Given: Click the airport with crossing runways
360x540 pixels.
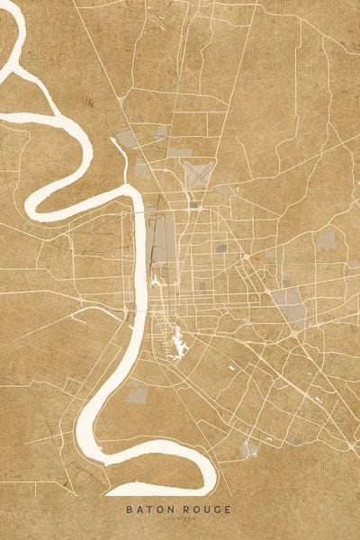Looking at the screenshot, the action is click(x=199, y=173).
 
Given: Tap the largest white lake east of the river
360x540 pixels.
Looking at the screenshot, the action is click(x=177, y=342).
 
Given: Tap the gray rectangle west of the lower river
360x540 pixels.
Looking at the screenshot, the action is click(x=137, y=393).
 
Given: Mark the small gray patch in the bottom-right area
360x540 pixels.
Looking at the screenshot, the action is click(x=249, y=447).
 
